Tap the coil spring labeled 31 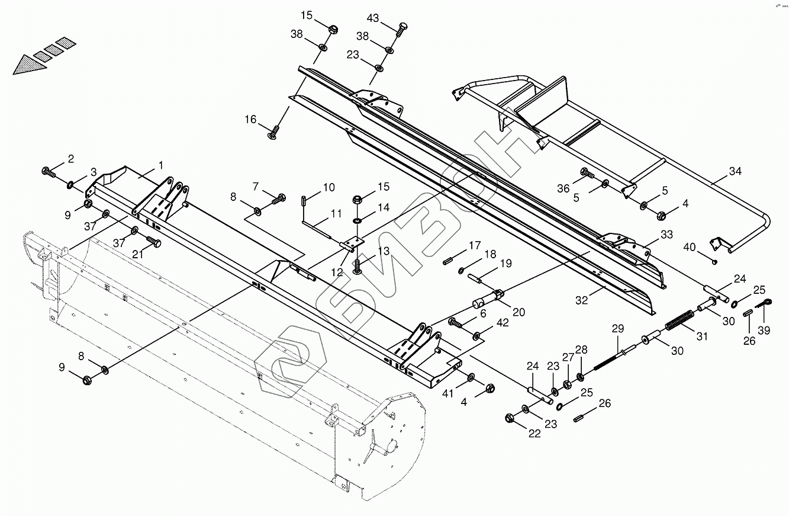(x=679, y=321)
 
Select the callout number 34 (x=735, y=171)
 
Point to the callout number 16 (x=250, y=120)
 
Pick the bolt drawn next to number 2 (x=48, y=172)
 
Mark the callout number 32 (x=582, y=300)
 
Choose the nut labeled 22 (x=510, y=418)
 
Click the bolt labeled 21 (x=153, y=242)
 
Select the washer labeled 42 (x=477, y=336)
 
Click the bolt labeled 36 (x=587, y=173)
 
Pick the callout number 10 (x=329, y=187)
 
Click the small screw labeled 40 (x=716, y=261)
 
